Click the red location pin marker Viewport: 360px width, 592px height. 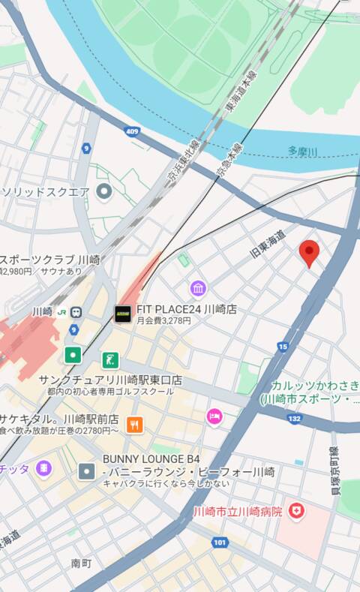(309, 252)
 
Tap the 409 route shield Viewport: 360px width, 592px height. (133, 132)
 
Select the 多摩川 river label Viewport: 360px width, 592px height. (302, 152)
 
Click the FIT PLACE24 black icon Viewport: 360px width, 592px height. (123, 314)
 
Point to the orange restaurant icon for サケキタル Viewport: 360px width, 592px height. (135, 425)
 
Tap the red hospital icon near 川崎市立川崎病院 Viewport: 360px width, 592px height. (298, 512)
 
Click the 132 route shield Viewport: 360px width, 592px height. (294, 418)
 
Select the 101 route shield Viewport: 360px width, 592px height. (219, 542)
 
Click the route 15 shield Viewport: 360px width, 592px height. (282, 346)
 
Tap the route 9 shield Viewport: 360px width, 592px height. (86, 148)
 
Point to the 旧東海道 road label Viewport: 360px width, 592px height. (268, 245)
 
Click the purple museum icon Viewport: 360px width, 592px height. (198, 288)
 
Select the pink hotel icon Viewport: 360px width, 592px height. (214, 416)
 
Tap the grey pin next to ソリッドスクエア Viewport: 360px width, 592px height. (104, 191)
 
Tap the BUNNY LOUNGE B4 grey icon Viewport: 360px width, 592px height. (87, 471)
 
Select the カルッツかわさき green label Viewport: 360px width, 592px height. (315, 385)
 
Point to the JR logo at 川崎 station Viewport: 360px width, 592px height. (62, 311)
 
